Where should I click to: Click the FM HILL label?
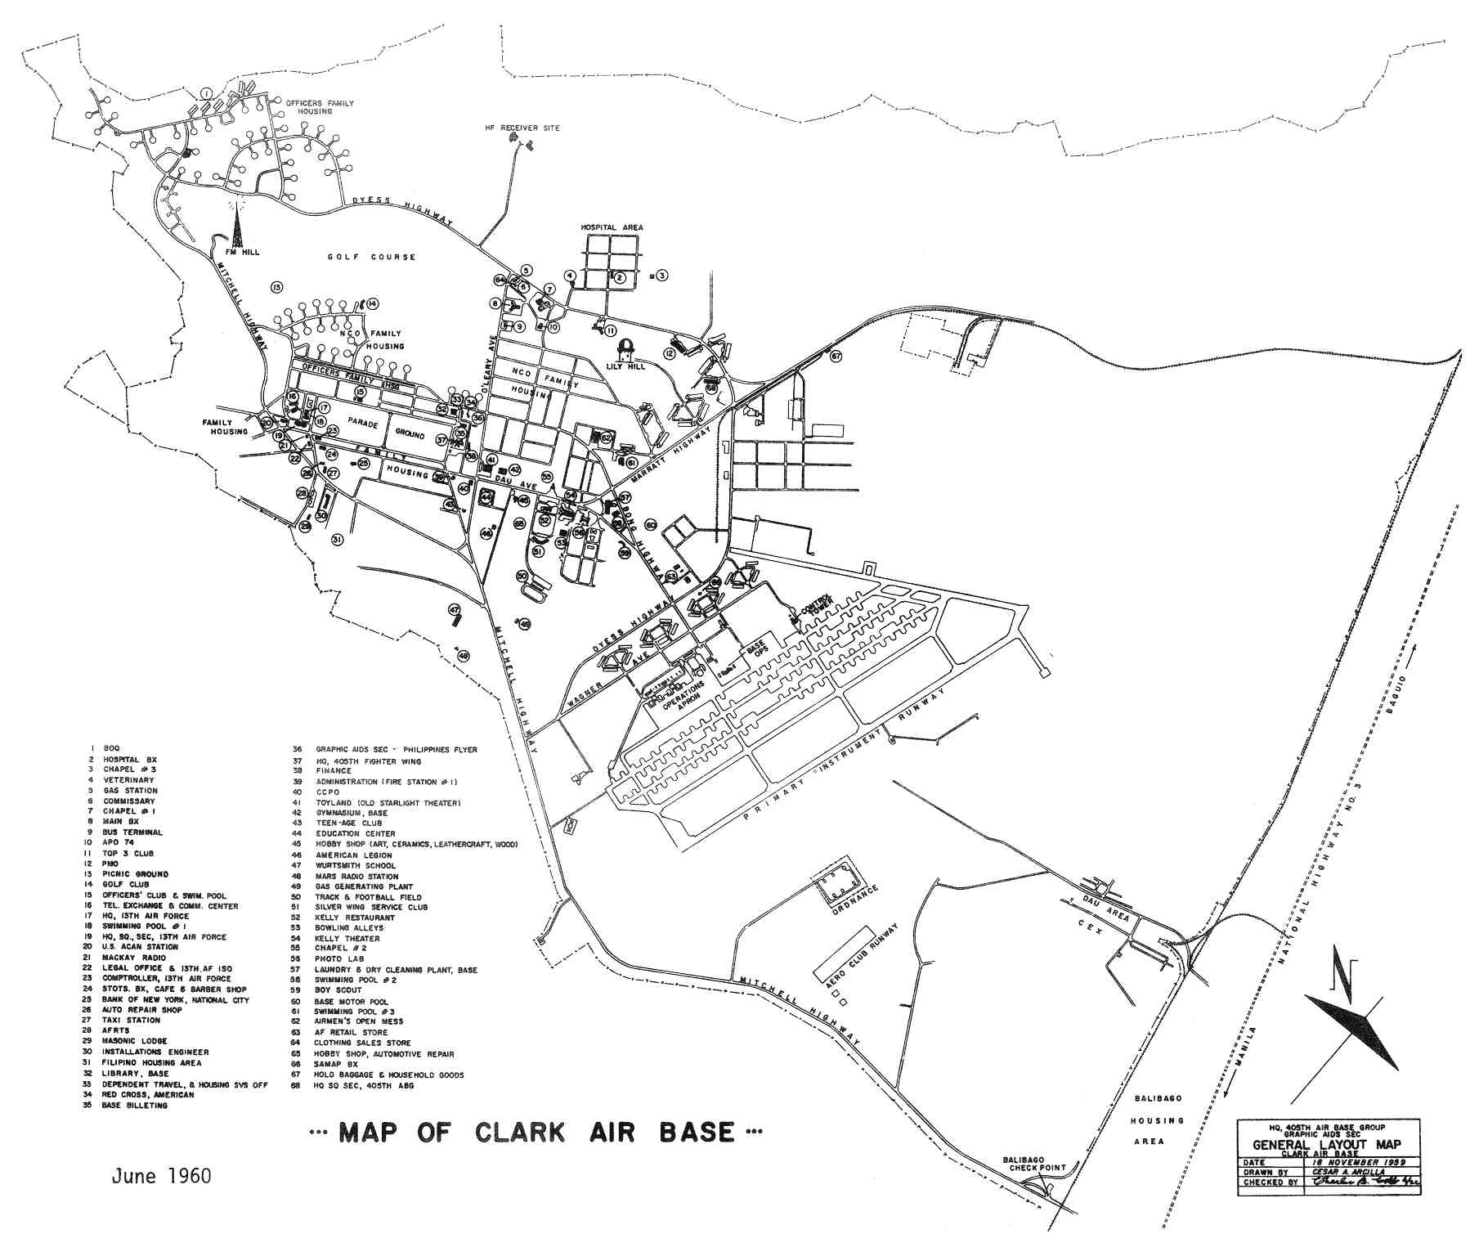[243, 252]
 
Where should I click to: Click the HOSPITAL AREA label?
[612, 227]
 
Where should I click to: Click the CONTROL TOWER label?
[816, 603]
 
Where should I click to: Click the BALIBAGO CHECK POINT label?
[1034, 1164]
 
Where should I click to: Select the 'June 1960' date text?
[162, 1176]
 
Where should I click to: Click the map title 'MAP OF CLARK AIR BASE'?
[536, 1133]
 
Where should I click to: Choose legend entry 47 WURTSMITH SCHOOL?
[356, 865]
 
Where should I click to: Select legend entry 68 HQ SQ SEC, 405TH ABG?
[356, 1086]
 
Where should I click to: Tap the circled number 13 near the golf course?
[276, 287]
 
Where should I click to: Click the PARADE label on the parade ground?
[360, 422]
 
